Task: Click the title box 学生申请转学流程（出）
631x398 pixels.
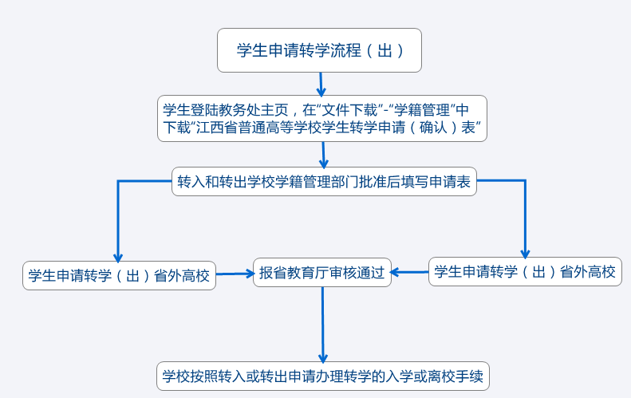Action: tap(319, 50)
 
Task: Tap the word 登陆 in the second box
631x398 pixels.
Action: tap(206, 109)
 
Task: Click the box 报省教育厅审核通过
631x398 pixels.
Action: tap(322, 273)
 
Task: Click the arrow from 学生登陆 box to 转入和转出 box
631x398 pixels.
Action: tap(324, 154)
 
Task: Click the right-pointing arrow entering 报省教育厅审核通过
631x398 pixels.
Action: tap(235, 274)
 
